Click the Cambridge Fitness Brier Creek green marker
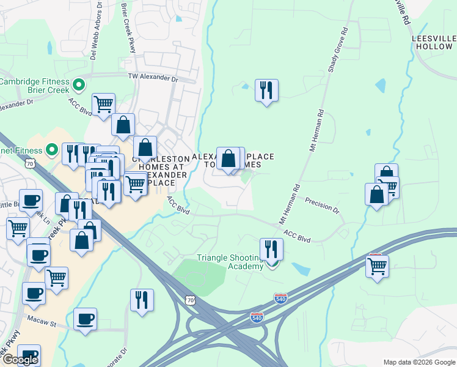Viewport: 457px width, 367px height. (x=78, y=84)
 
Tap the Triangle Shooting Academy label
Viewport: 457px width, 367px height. (x=229, y=262)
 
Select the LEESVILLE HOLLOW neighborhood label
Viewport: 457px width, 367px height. (x=433, y=42)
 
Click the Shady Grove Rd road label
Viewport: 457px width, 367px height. (x=337, y=50)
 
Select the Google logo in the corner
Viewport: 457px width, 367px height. (x=20, y=360)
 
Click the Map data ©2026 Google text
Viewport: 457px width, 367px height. (x=419, y=362)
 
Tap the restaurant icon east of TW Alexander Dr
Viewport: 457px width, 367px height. (x=266, y=91)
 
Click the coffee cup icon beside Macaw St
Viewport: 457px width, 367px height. (x=85, y=319)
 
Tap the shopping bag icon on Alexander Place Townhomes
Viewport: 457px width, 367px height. (x=228, y=158)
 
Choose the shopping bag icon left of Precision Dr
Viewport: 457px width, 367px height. (x=376, y=194)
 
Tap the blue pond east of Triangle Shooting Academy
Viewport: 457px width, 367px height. (x=301, y=269)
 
